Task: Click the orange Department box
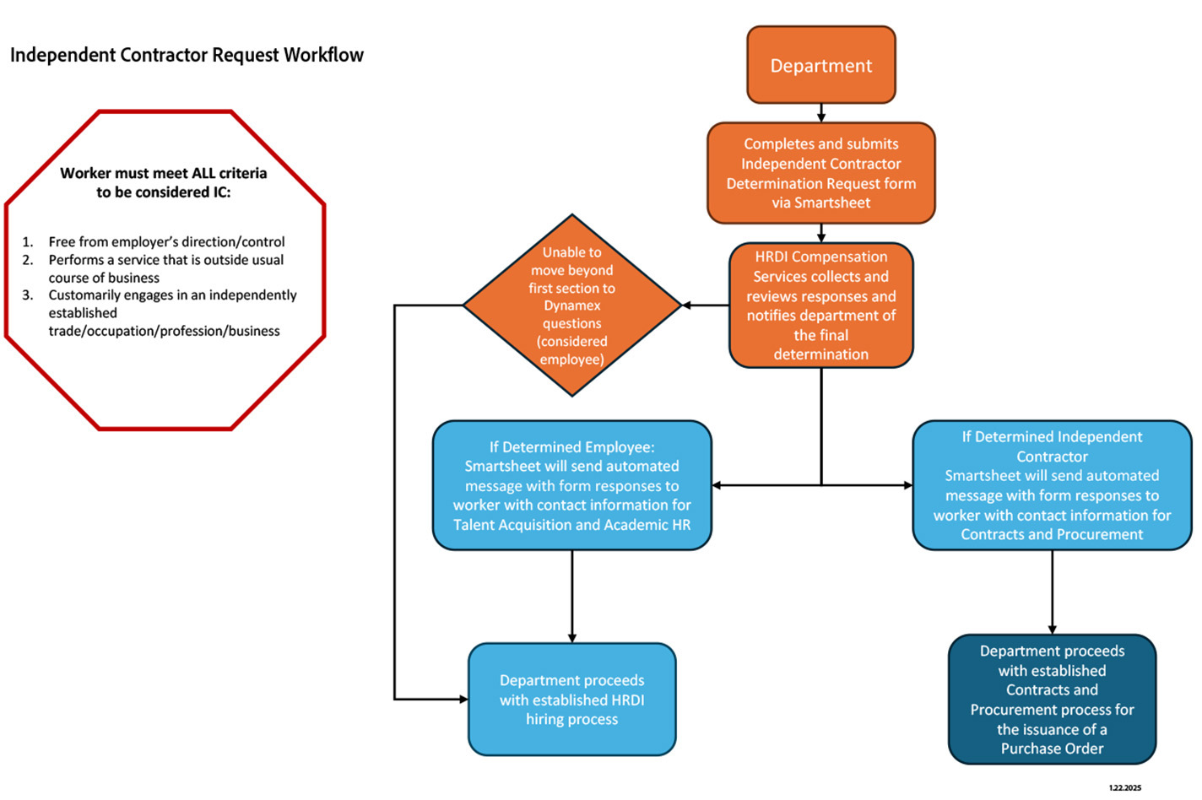pyautogui.click(x=820, y=65)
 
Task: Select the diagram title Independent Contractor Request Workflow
pyautogui.click(x=187, y=55)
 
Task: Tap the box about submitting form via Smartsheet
pyautogui.click(x=820, y=173)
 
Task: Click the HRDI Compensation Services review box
pyautogui.click(x=820, y=305)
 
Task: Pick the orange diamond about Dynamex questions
pyautogui.click(x=571, y=305)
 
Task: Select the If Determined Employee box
pyautogui.click(x=571, y=485)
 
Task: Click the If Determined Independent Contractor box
pyautogui.click(x=1052, y=485)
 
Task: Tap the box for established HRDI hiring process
pyautogui.click(x=571, y=700)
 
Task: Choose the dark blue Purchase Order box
pyautogui.click(x=1052, y=700)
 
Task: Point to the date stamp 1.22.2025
pyautogui.click(x=1124, y=787)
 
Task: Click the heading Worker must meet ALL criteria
pyautogui.click(x=163, y=182)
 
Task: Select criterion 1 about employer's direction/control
pyautogui.click(x=166, y=241)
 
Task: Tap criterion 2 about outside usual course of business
pyautogui.click(x=165, y=268)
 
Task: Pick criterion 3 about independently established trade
pyautogui.click(x=172, y=313)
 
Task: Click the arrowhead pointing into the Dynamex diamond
pyautogui.click(x=687, y=305)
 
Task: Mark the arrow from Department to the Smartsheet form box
pyautogui.click(x=820, y=113)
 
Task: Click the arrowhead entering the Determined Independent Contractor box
pyautogui.click(x=907, y=485)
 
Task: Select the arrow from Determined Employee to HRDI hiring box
pyautogui.click(x=571, y=596)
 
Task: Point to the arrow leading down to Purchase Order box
pyautogui.click(x=1052, y=592)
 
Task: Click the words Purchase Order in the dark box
pyautogui.click(x=1052, y=749)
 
